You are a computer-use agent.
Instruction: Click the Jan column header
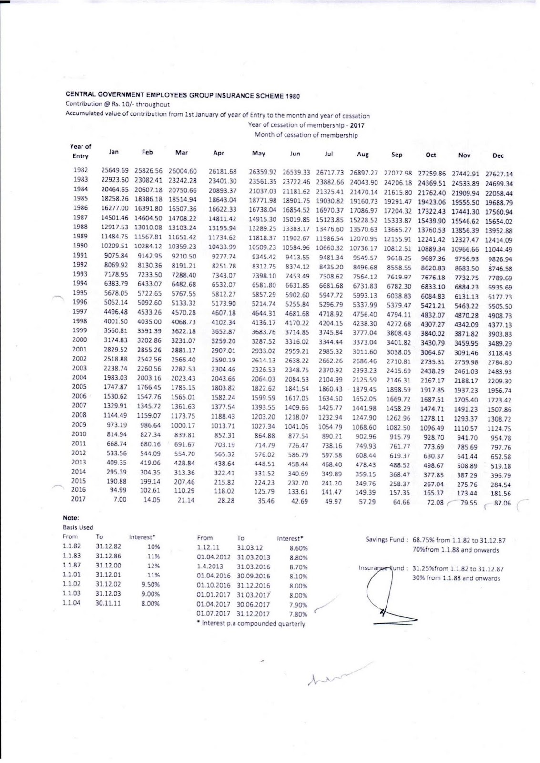pos(113,152)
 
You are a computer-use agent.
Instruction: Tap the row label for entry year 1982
pos(81,170)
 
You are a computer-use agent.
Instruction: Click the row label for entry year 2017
pos(79,499)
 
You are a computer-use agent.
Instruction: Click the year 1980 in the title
pos(293,96)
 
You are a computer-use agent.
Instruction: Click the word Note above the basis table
pos(70,518)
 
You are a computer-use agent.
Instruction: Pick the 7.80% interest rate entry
pos(298,615)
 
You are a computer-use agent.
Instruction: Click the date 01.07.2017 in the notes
pos(214,614)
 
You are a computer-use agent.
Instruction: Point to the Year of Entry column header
pos(81,151)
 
